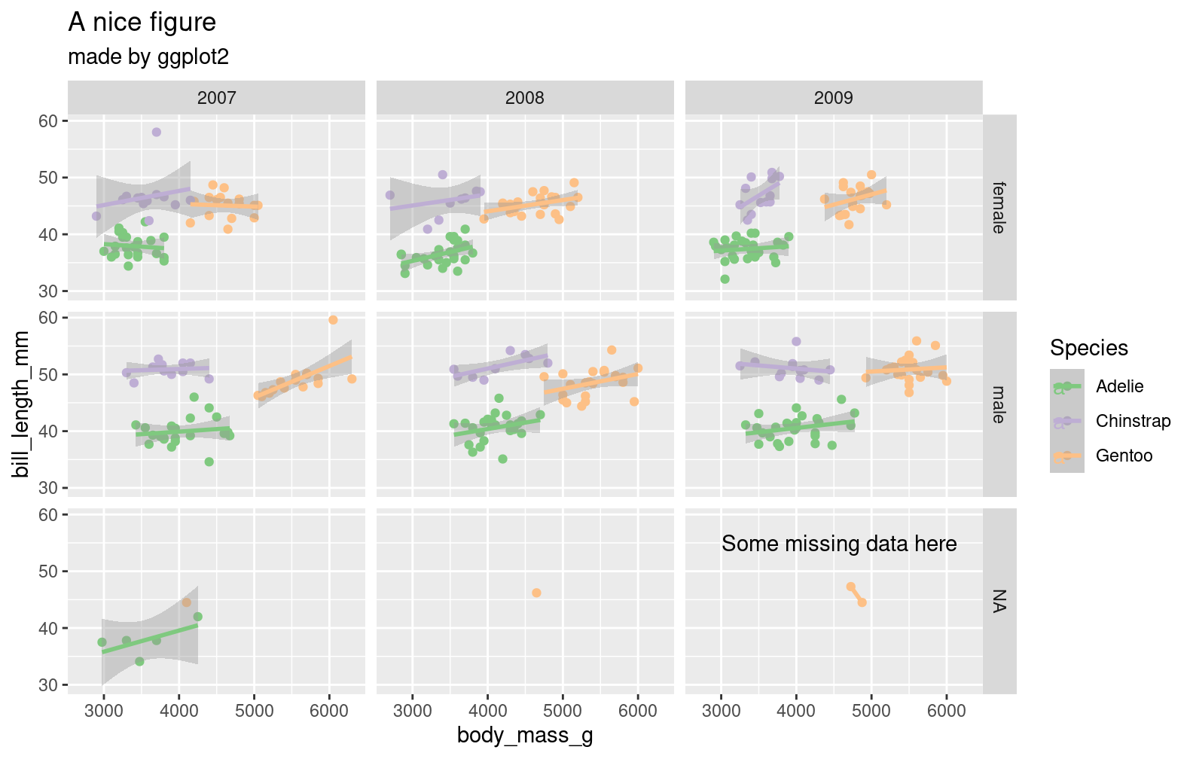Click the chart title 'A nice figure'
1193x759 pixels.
coord(142,23)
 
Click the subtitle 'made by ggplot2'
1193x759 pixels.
coord(148,56)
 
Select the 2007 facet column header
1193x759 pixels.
coord(216,98)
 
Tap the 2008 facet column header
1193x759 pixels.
coord(525,98)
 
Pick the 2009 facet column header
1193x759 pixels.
coord(833,98)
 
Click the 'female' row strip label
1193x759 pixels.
coord(999,208)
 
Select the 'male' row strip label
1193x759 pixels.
coord(999,404)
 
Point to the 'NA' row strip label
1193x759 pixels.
coord(999,601)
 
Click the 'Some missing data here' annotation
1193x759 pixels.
coord(839,544)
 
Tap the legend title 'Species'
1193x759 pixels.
coord(1088,348)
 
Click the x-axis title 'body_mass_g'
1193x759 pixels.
coord(525,736)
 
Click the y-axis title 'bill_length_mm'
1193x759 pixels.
coord(21,404)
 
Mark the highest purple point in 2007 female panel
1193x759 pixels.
coord(157,132)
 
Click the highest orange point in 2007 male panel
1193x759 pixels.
coord(333,320)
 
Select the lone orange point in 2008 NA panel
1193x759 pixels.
coord(536,593)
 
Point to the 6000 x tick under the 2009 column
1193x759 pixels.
coord(946,712)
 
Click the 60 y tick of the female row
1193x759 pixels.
coord(48,121)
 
